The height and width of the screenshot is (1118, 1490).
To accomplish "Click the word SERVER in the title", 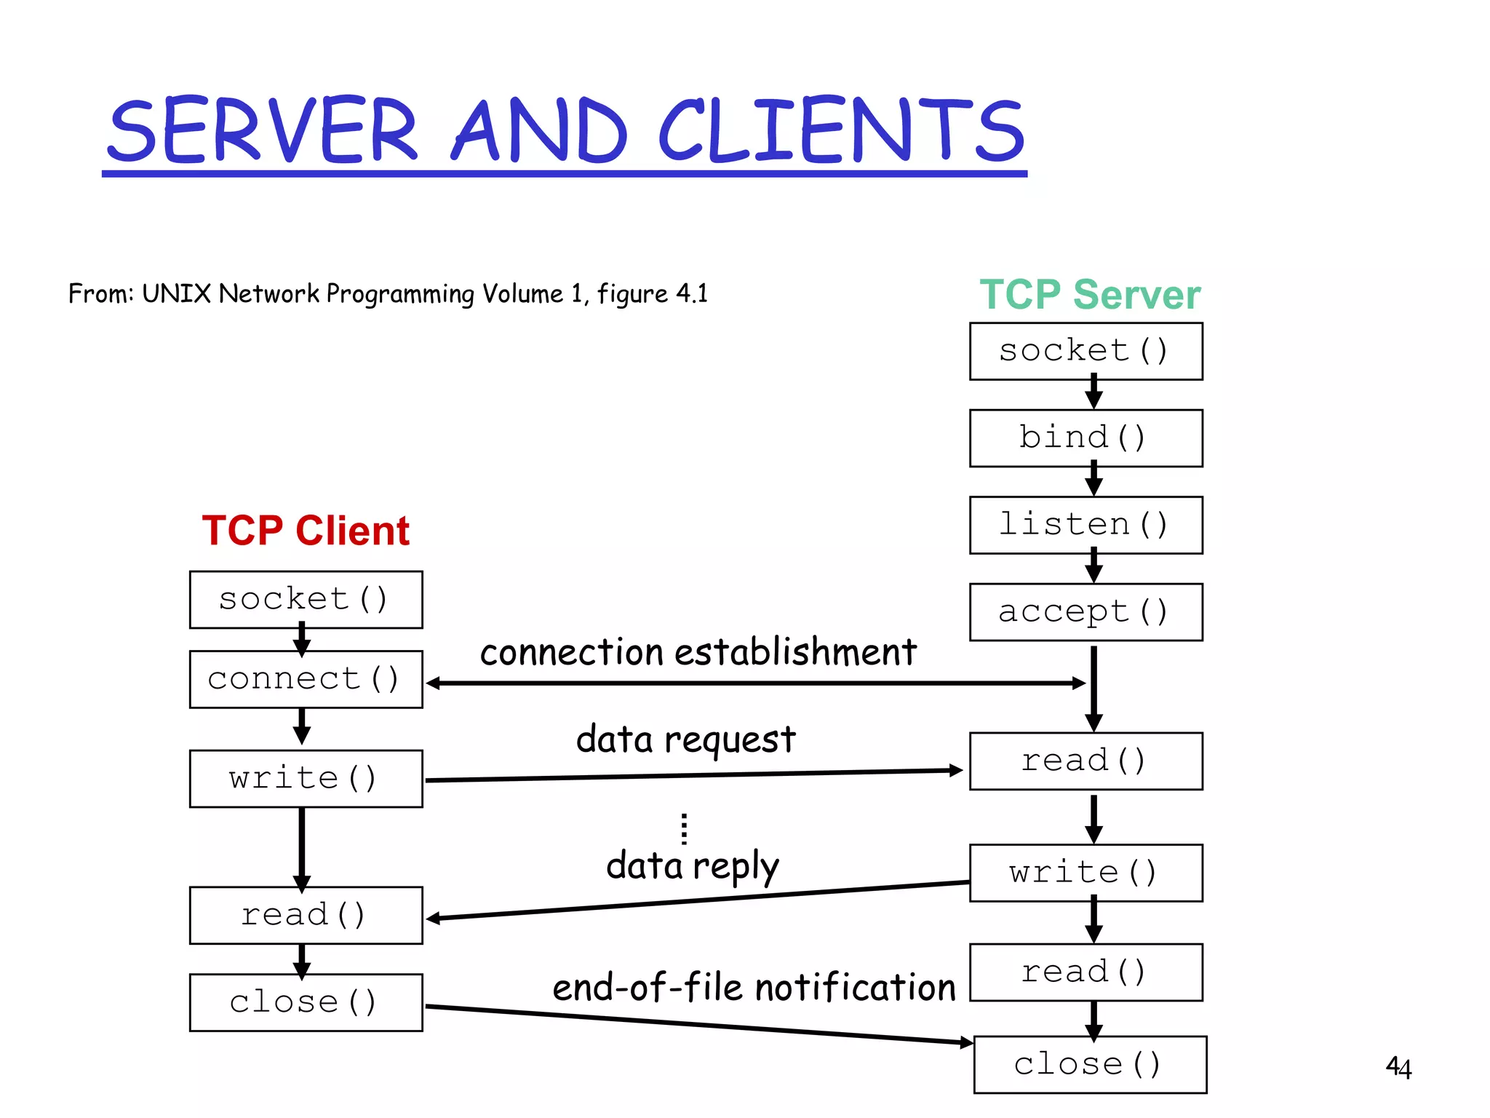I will (x=263, y=131).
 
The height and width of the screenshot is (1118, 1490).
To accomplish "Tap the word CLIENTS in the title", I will (x=842, y=131).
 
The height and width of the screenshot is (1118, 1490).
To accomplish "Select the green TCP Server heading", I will (x=1089, y=295).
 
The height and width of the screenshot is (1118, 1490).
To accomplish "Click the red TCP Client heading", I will (x=306, y=530).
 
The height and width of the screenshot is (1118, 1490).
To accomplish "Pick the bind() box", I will (x=1085, y=438).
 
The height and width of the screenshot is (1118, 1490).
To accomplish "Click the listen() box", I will (x=1085, y=525).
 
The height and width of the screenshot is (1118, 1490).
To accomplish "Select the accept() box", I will (x=1085, y=612).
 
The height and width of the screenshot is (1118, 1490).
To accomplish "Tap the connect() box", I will (x=306, y=679).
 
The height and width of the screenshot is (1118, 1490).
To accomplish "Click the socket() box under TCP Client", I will (x=306, y=600).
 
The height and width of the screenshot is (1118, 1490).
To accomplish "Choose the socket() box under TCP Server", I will (x=1085, y=351).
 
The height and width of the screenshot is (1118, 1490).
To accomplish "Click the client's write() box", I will (x=306, y=778).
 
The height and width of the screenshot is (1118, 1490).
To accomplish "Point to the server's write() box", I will (x=1085, y=873).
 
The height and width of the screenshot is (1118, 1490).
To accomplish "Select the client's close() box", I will (x=306, y=1002).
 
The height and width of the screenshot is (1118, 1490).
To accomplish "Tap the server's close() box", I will (x=1089, y=1064).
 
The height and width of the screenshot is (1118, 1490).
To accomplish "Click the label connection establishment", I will (x=698, y=652).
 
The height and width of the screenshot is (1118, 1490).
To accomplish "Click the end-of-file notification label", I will (x=754, y=988).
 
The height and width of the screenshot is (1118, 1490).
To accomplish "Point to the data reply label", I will (x=692, y=866).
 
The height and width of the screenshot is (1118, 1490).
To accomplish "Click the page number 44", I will (x=1398, y=1067).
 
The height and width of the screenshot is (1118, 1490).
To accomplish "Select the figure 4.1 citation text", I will (x=388, y=294).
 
